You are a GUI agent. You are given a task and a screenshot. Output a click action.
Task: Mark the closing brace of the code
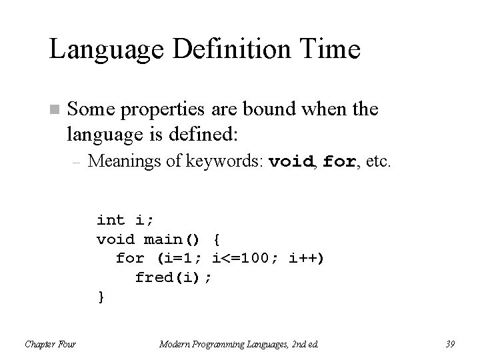click(x=101, y=295)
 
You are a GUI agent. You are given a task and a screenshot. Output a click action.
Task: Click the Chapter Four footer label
click(x=50, y=344)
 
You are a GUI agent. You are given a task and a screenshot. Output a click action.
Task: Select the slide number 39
click(x=451, y=344)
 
